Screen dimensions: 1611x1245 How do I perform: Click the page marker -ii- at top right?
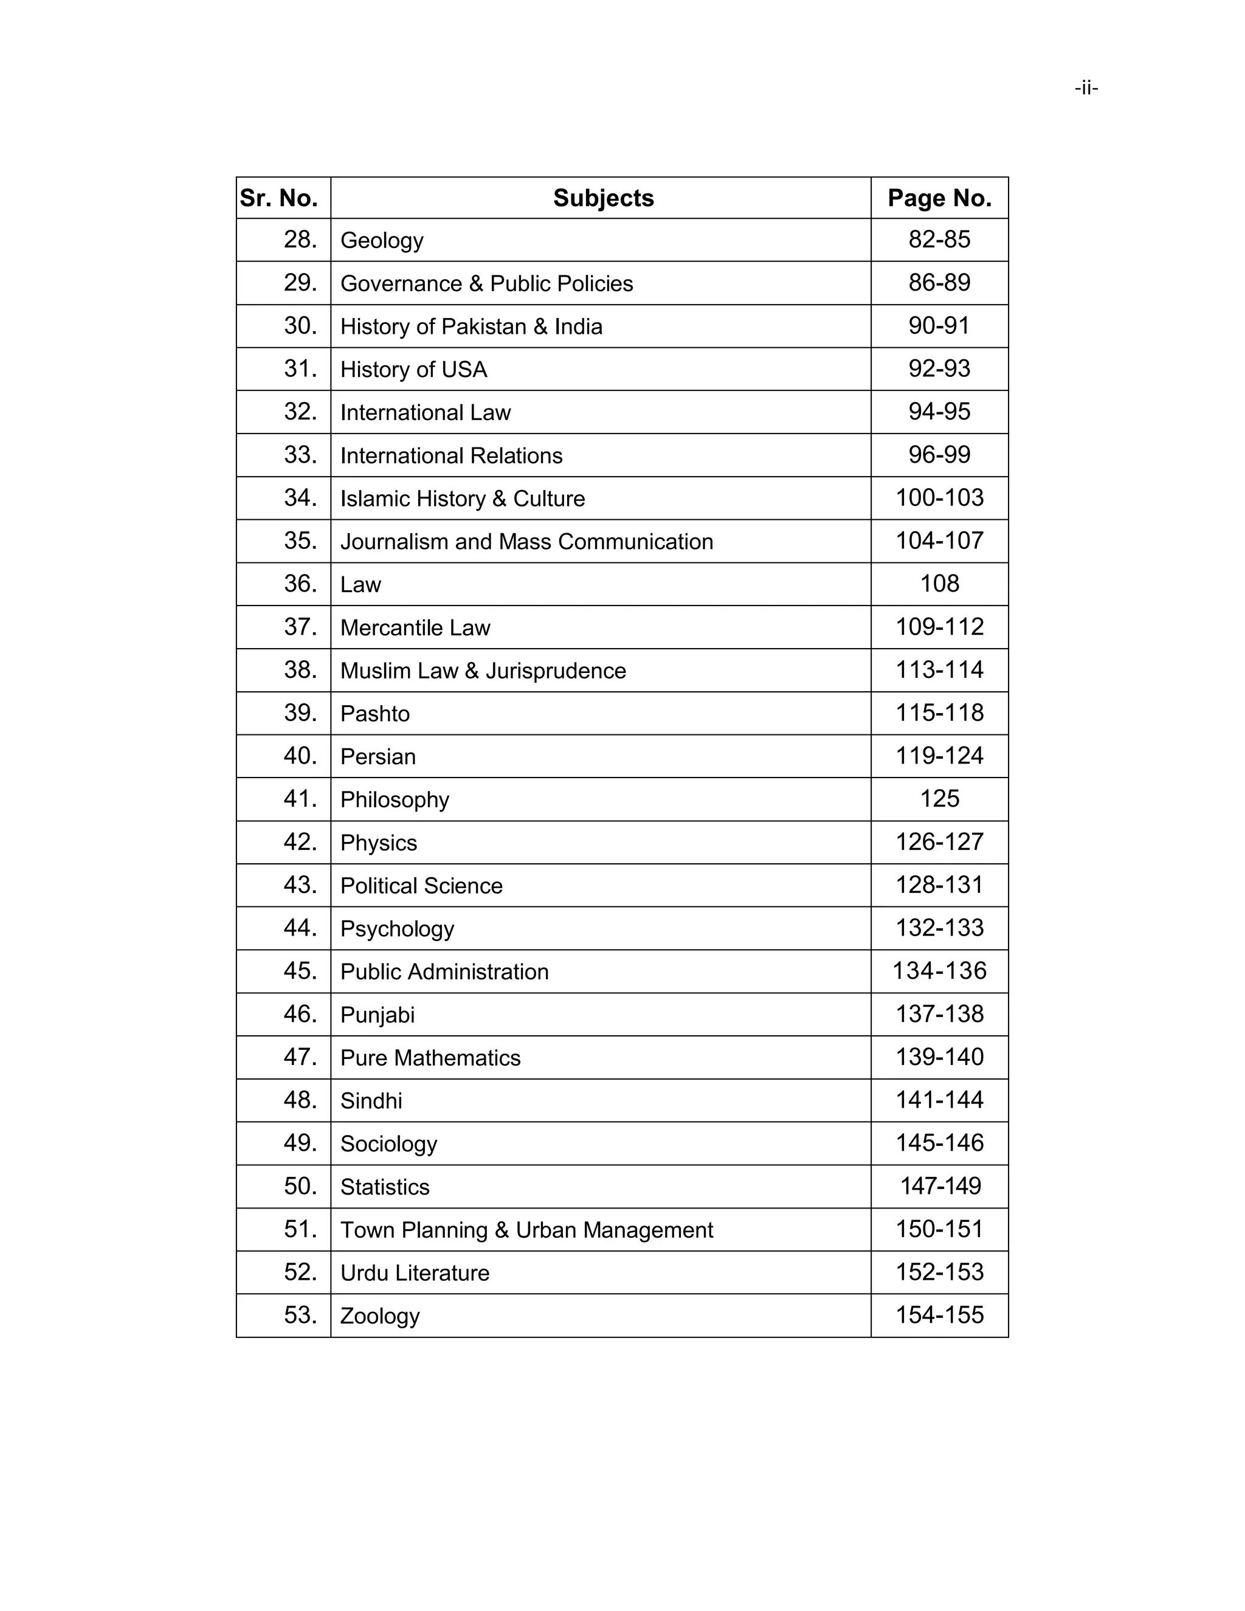pos(1086,89)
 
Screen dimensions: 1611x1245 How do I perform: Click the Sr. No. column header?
pos(279,198)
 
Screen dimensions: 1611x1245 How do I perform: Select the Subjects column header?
pos(602,198)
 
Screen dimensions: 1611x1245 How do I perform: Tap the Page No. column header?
pos(939,198)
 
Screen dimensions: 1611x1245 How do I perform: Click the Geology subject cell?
pos(381,241)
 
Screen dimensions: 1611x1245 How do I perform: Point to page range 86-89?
pos(939,283)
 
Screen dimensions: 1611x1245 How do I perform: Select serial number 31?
pos(300,369)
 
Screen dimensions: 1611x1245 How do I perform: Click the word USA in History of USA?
pos(464,370)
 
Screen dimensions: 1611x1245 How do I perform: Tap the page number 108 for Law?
pos(939,584)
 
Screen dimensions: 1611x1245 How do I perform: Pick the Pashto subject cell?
pos(374,714)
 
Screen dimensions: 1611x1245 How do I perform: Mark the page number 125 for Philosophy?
pos(939,799)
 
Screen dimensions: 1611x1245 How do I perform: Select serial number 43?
pos(300,885)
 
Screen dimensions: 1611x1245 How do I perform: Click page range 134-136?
pos(939,971)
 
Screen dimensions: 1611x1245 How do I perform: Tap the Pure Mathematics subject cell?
pos(430,1058)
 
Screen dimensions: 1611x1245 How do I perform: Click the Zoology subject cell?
pos(380,1316)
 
